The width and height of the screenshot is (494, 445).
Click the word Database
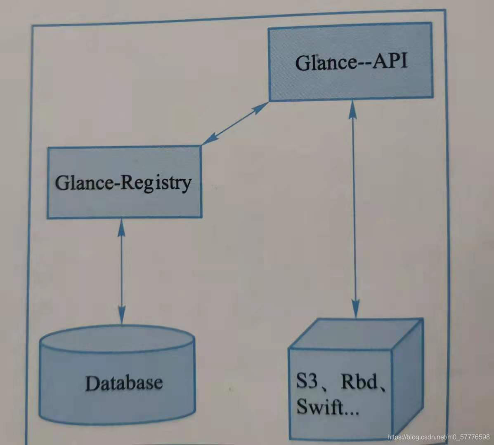[x=124, y=383]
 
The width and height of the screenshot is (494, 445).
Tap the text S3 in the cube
[x=307, y=382]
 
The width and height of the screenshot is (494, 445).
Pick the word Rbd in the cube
[x=359, y=382]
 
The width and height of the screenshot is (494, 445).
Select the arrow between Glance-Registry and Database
[x=121, y=270]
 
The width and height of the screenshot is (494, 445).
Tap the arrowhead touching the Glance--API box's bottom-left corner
[x=260, y=107]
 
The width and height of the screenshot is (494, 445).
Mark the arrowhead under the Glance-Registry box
[x=121, y=226]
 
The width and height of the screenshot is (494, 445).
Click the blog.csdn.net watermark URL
[x=439, y=436]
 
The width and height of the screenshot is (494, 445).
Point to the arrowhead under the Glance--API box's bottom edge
[x=352, y=108]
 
